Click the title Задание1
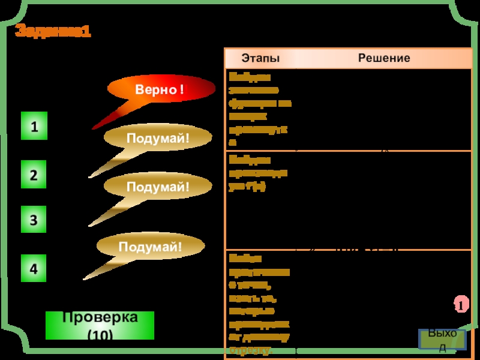[53, 31]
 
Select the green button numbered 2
[34, 175]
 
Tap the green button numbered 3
[34, 220]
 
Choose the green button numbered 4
[34, 269]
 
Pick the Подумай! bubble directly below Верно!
[158, 139]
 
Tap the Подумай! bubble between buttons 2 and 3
[158, 187]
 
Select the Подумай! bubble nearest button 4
[150, 247]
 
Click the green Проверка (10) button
[100, 325]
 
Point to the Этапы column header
[260, 58]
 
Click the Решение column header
[384, 58]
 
